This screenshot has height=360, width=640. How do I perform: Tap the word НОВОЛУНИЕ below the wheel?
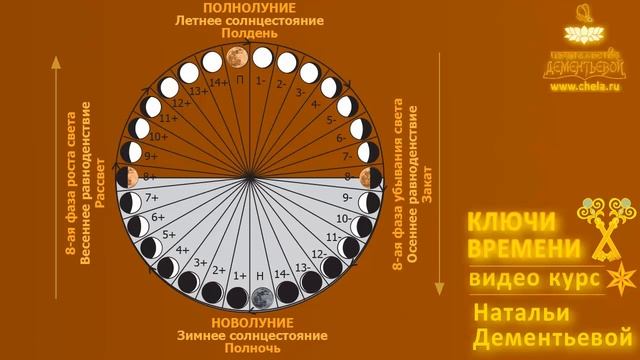[251, 323]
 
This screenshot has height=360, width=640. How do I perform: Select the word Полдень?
[249, 34]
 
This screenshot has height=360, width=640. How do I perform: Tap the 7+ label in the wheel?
[153, 198]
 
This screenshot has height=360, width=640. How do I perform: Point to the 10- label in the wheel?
[343, 217]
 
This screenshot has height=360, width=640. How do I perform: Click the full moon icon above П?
[238, 56]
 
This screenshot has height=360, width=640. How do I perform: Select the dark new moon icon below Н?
[261, 297]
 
